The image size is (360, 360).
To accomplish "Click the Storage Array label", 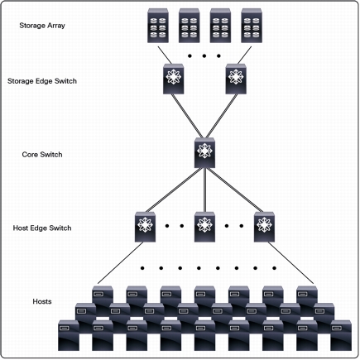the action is pos(42,26).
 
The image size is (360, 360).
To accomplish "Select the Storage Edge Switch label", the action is pos(42,81).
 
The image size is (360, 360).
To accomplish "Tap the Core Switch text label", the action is pos(42,155).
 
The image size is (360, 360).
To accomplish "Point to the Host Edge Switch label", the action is pos(42,228).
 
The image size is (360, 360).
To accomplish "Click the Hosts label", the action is pos(42,301).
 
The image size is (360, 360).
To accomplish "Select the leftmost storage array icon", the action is pos(158,26).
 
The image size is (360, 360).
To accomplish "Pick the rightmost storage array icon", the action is pos(252,26).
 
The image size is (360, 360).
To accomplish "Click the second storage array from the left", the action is pos(190,26).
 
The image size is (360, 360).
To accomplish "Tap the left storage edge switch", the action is pos(174,79).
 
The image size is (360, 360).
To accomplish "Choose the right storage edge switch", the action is pos(236,79).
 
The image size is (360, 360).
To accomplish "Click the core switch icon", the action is pos(204,152).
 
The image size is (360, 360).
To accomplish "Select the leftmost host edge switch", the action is pos(145,227).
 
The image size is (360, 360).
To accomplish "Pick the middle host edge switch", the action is pos(204,227).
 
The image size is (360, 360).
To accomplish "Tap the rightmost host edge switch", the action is pos(264,227).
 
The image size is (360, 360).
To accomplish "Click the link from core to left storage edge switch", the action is pos(187,116).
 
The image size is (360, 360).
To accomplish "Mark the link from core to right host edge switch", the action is pos(235,190).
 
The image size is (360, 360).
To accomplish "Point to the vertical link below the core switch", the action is pos(204,190).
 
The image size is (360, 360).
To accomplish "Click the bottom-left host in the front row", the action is pos(69,335).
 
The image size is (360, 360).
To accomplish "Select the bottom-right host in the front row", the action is pos(341,335).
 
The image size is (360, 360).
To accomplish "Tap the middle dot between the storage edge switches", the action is pos(204,56).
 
